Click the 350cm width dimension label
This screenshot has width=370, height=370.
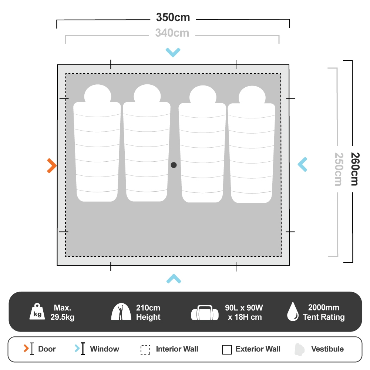pyautogui.click(x=173, y=17)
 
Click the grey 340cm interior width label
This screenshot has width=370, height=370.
pyautogui.click(x=172, y=33)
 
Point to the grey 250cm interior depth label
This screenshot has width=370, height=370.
pyautogui.click(x=338, y=169)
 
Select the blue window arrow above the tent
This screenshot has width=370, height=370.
pyautogui.click(x=173, y=52)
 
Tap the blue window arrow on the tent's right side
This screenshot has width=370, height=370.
pyautogui.click(x=302, y=164)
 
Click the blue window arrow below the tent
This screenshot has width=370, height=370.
pyautogui.click(x=174, y=279)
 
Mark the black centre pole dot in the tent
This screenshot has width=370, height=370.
pyautogui.click(x=174, y=165)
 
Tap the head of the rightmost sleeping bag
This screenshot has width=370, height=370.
pyautogui.click(x=252, y=95)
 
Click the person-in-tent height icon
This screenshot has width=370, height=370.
pyautogui.click(x=121, y=312)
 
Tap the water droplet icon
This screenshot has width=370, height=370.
pyautogui.click(x=293, y=312)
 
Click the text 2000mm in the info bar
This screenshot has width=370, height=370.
pyautogui.click(x=323, y=307)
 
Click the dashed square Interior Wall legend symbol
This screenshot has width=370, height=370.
pyautogui.click(x=145, y=349)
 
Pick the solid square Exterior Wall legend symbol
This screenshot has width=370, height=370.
pyautogui.click(x=227, y=349)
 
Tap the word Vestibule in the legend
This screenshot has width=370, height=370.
pyautogui.click(x=327, y=349)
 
